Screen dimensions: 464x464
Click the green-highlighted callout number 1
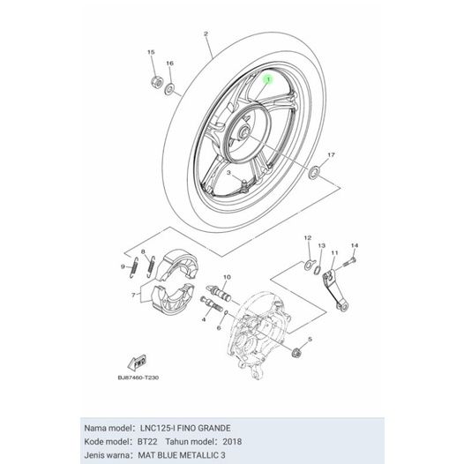[x=268, y=79]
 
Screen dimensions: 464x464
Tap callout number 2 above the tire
[x=206, y=34]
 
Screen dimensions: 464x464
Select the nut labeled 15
[x=156, y=81]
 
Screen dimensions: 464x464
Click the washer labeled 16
[x=169, y=89]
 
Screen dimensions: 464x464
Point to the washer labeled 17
[x=314, y=172]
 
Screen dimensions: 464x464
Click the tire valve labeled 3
[x=244, y=185]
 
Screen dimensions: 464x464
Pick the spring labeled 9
[x=134, y=268]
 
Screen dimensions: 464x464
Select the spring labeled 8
[x=151, y=266]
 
